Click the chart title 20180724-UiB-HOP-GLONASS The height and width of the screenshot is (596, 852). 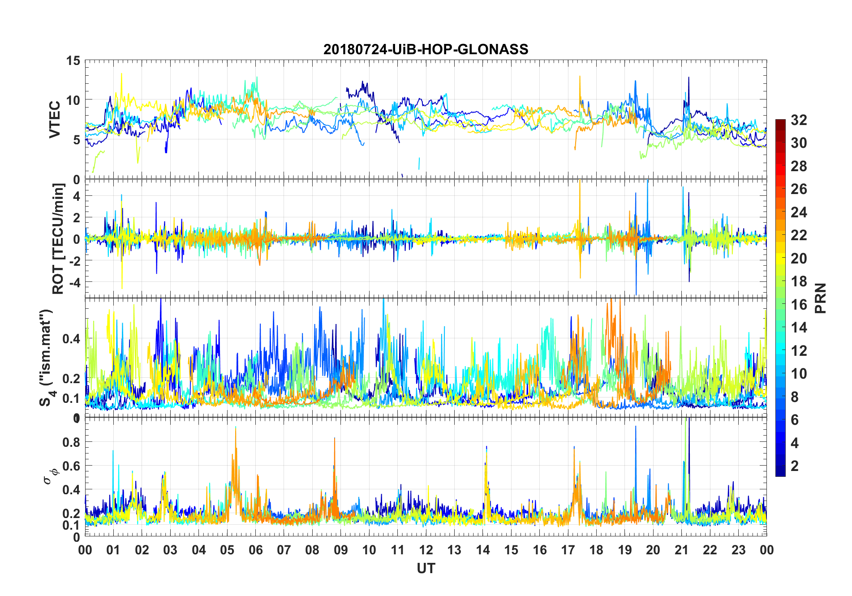[426, 49]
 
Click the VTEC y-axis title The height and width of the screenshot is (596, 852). [55, 120]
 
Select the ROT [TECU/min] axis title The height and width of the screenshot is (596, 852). [58, 238]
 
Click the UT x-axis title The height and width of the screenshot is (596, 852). [426, 569]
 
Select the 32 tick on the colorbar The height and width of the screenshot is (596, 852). [799, 120]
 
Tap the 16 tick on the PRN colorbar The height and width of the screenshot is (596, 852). [799, 305]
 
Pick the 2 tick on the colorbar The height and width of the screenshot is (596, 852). [795, 466]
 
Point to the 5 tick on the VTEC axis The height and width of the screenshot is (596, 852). [77, 140]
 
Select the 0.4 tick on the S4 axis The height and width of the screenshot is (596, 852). [71, 339]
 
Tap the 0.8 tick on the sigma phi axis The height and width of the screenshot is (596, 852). [71, 442]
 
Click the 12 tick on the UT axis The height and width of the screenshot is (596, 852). [426, 550]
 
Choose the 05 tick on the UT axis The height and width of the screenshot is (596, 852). [227, 550]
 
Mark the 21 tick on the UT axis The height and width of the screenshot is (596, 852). [681, 550]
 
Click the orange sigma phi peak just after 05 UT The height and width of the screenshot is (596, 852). [236, 428]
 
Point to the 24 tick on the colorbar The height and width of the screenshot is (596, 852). [799, 212]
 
